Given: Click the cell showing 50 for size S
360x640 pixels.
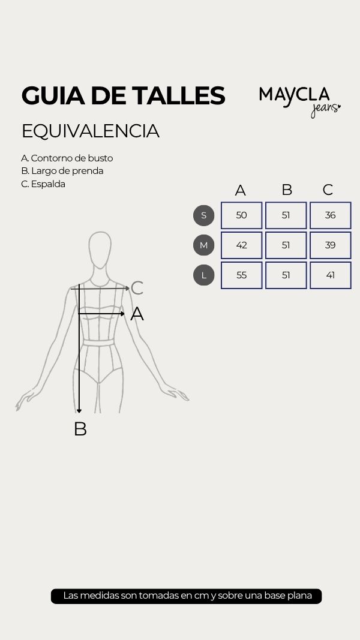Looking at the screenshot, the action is (242, 215).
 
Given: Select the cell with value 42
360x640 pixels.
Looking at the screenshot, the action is (242, 245).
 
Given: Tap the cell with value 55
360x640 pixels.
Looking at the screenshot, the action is (242, 275).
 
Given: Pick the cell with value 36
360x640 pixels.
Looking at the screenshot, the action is (330, 215).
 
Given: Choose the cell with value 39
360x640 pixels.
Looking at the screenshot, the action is (330, 245).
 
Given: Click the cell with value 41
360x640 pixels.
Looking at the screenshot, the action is (330, 275).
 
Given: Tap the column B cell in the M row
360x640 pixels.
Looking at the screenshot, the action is (286, 245).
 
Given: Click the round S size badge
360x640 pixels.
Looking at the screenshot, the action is (203, 215).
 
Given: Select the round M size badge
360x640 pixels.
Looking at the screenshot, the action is (203, 245).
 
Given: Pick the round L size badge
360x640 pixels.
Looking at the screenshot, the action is (203, 275).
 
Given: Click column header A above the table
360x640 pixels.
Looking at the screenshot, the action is (241, 190).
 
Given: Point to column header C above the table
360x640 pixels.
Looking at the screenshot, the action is (328, 190).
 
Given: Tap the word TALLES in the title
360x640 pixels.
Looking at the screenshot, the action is (178, 95).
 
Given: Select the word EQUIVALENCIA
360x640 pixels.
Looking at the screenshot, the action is (90, 131).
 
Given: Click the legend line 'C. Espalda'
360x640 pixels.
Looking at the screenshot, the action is (43, 184).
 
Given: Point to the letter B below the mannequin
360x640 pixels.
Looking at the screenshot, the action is (80, 429).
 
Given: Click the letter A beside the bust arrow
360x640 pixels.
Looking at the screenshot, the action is (137, 314).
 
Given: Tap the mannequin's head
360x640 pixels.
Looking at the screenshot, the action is (100, 250).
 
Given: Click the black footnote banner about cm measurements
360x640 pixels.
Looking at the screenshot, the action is (186, 596).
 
